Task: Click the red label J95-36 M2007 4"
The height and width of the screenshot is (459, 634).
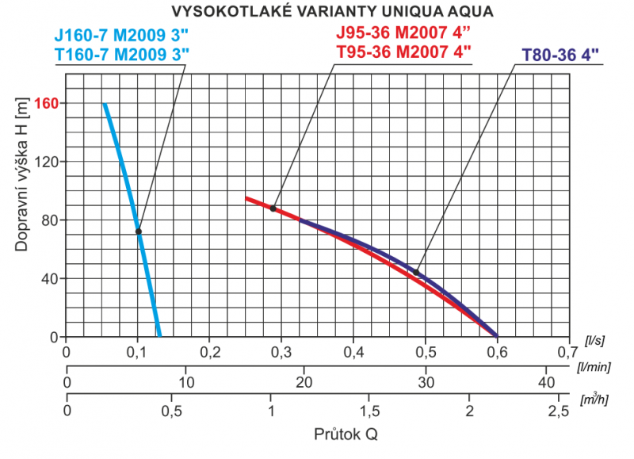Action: [x=403, y=34]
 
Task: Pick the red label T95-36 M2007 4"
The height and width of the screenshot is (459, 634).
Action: [x=403, y=52]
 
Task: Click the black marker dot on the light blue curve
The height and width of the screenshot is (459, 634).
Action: [x=139, y=231]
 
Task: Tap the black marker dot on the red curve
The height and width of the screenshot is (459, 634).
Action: [x=273, y=208]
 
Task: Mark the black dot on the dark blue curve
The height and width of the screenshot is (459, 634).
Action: [x=416, y=273]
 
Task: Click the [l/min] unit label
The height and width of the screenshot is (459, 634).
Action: [x=594, y=367]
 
